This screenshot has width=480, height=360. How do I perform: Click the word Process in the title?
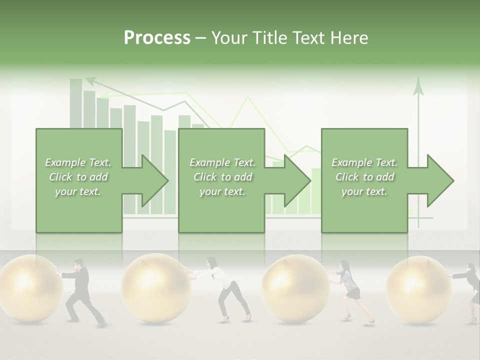(157, 37)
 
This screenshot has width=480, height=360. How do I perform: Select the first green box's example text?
(78, 177)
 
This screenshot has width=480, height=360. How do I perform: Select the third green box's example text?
(364, 177)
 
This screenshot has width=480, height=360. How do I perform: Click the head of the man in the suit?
(78, 264)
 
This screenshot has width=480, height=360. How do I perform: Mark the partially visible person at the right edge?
(472, 292)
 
